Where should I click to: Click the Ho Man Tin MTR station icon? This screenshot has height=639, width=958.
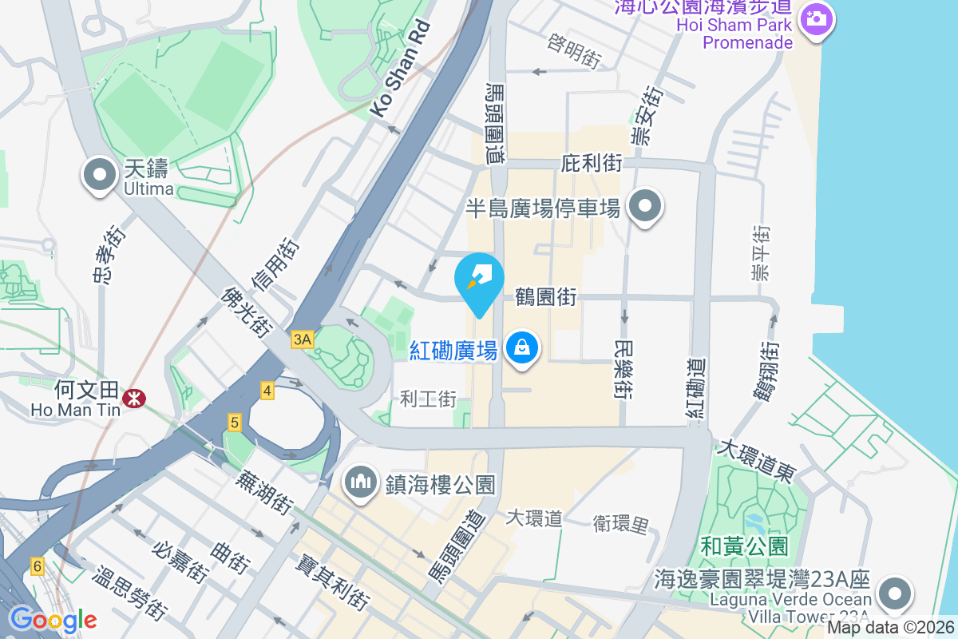point(135,396)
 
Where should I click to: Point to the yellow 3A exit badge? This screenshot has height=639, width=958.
point(303,339)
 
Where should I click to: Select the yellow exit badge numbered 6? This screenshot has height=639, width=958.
point(37,566)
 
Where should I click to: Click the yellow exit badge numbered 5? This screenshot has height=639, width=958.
point(234,423)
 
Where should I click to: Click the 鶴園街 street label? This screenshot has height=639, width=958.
point(546,297)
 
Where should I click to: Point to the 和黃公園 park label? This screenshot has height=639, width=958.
point(744,546)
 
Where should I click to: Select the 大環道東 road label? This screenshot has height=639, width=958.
point(755,460)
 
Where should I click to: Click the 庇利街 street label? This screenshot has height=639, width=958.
point(592,164)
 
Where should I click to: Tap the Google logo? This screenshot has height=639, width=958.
point(53,619)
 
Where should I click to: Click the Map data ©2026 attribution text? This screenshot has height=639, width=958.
point(889,627)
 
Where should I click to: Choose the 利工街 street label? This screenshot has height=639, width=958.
point(428,398)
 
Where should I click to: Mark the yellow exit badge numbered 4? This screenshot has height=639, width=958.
point(267,391)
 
